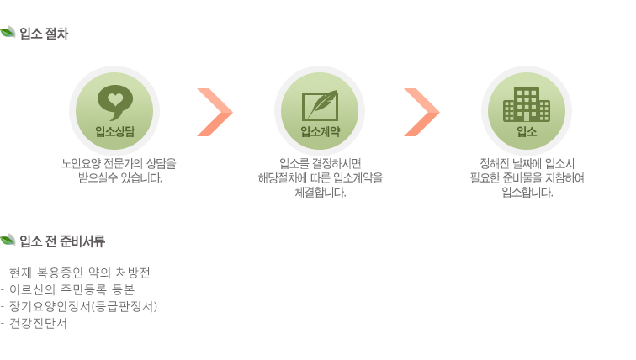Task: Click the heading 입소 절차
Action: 44,34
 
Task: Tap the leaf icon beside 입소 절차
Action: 8,32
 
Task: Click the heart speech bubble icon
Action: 115,102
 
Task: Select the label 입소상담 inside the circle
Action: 114,131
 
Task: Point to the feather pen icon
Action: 320,105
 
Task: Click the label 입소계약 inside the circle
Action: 320,131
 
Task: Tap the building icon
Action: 527,104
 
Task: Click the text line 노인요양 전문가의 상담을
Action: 119,163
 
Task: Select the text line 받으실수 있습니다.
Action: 120,177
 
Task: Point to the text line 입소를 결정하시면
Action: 320,163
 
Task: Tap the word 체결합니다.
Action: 320,192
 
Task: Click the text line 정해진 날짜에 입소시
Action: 527,163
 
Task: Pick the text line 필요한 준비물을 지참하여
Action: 527,177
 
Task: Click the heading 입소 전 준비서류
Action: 62,241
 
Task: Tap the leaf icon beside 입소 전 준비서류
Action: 8,240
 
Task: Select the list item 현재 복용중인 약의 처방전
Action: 76,273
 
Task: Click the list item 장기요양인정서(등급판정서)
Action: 79,306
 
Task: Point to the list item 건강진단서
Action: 34,323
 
